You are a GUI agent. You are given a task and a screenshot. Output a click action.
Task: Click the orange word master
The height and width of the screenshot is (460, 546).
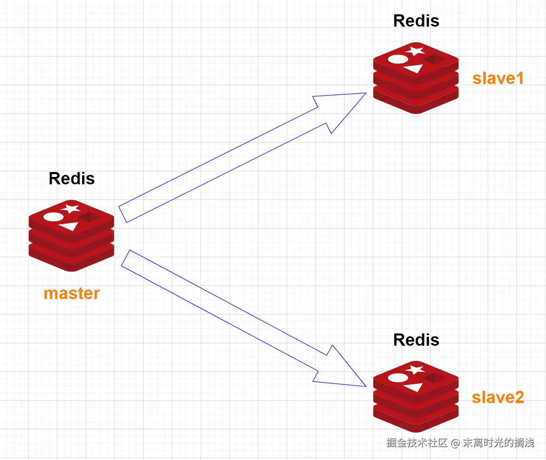pos(72,294)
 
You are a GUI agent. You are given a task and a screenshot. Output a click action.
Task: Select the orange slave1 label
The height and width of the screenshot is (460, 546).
pos(498,78)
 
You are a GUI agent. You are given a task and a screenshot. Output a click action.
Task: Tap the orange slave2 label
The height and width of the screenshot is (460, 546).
pos(498,397)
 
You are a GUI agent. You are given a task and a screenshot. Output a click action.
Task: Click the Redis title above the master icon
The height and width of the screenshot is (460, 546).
pos(72,179)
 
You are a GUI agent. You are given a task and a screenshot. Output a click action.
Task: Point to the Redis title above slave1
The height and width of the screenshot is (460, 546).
pos(416,21)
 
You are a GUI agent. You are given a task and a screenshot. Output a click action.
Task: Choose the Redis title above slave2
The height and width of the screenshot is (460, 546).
pos(416,340)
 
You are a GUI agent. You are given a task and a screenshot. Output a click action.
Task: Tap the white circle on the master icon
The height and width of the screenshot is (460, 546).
pos(53,217)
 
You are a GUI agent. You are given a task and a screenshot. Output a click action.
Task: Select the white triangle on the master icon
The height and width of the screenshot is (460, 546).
pos(69,226)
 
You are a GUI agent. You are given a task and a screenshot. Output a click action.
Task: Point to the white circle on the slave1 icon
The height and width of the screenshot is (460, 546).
pos(398,59)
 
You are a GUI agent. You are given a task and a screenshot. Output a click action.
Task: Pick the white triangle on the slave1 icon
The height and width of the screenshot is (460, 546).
pos(414,68)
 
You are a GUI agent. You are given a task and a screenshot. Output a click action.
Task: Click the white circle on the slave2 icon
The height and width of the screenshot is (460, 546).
pos(398,378)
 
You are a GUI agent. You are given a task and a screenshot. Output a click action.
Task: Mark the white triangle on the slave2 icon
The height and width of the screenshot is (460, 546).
pos(414,387)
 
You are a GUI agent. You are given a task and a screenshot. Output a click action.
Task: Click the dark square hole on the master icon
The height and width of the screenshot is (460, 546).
pos(89,217)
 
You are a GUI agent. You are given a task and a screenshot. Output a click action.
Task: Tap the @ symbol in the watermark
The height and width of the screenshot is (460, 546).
pos(455,443)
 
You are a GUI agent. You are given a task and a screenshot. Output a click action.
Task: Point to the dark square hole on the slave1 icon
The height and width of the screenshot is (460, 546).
pos(434,59)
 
